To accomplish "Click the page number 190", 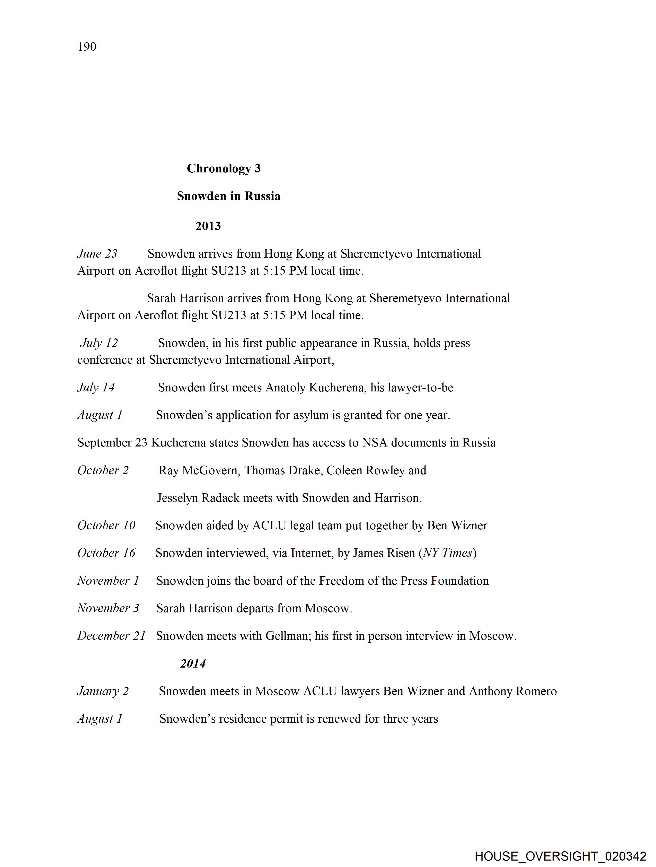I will coord(87,47).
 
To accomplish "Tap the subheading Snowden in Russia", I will coord(228,196).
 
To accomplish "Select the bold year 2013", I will coord(208,226).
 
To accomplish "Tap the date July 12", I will coord(99,343).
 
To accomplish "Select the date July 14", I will coord(96,387).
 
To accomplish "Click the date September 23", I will coord(112,443).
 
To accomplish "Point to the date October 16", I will coord(106,553).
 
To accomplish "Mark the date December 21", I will coord(111,635).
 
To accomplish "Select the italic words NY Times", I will coord(448,553).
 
